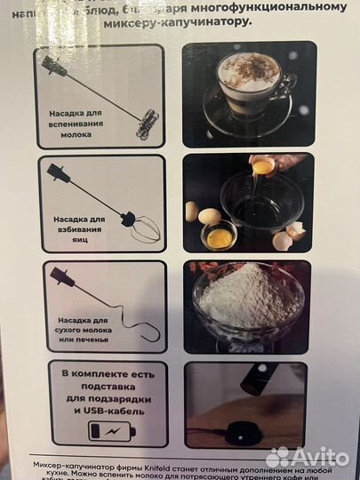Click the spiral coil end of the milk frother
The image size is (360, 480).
pos(148,121)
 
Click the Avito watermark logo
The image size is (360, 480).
pos(308,458)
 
